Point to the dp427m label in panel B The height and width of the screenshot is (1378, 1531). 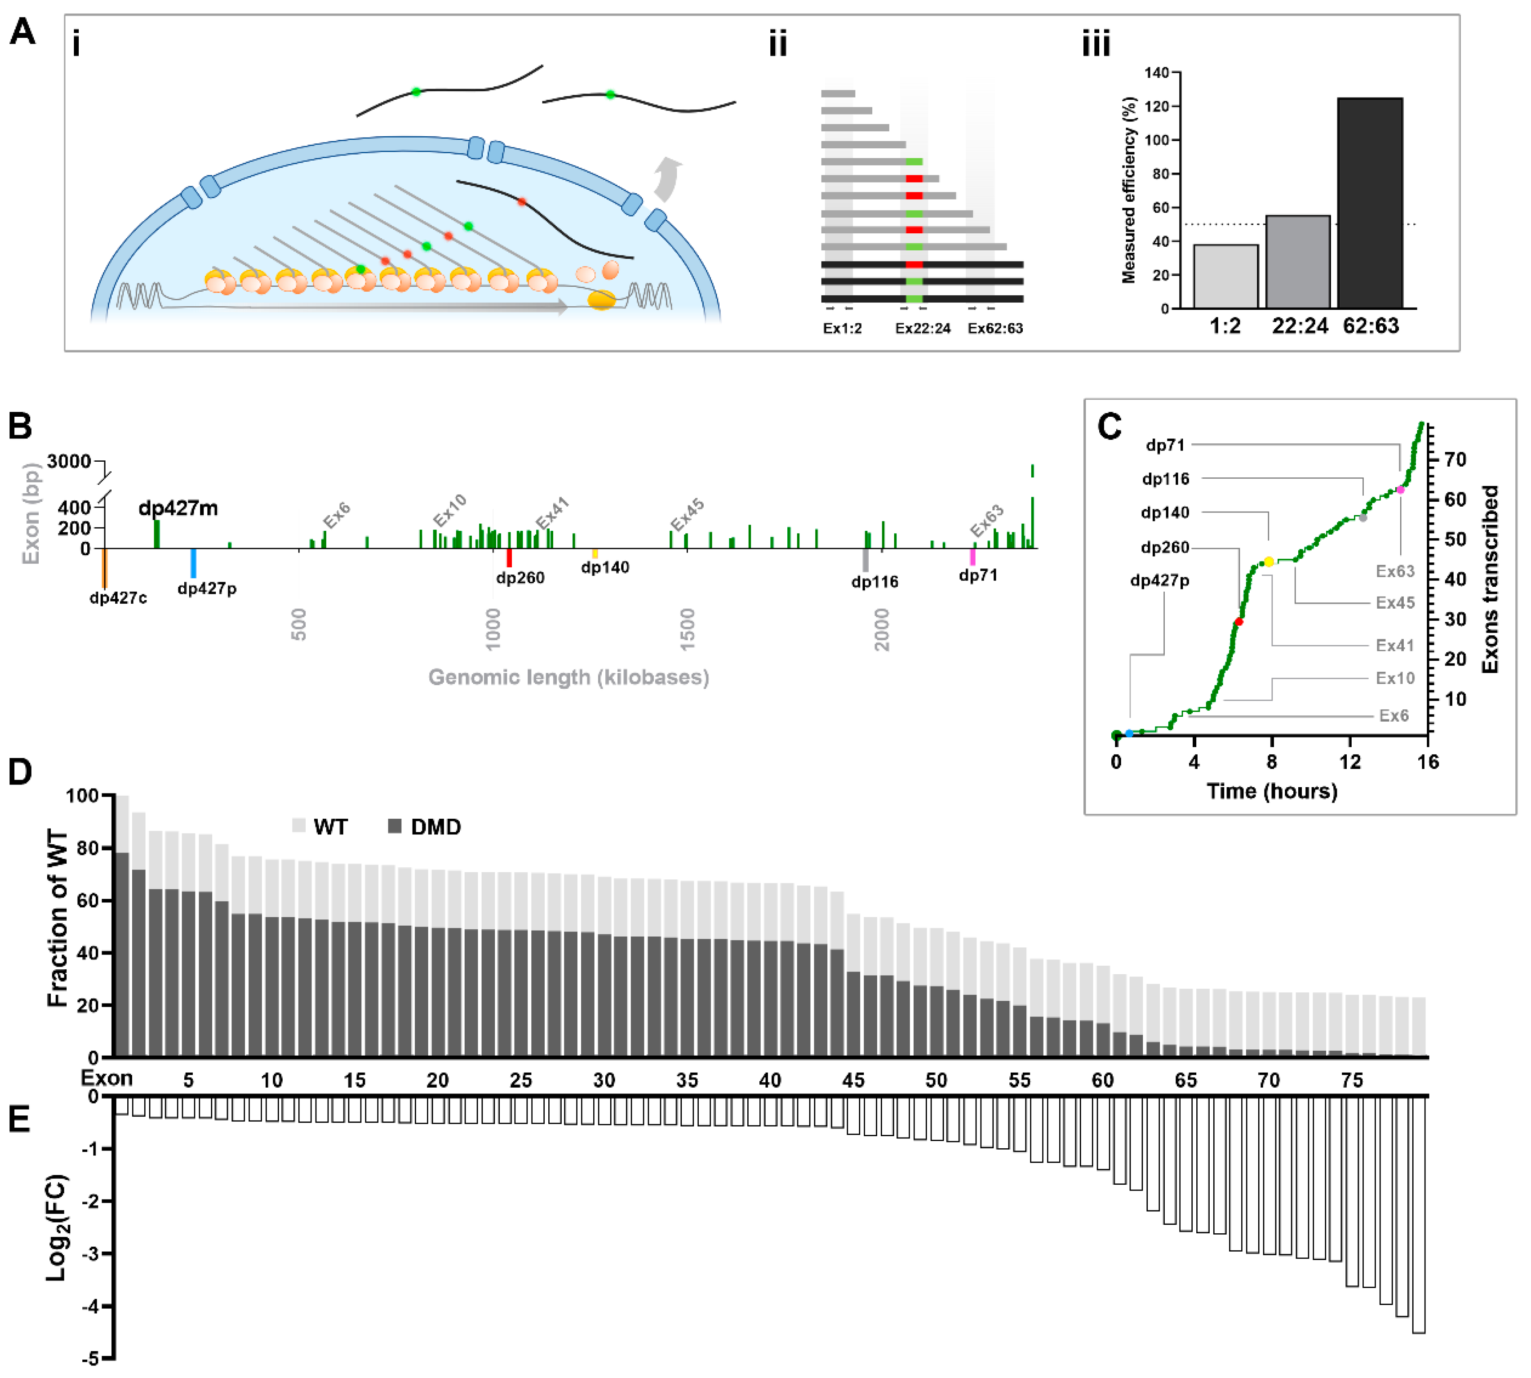pyautogui.click(x=178, y=508)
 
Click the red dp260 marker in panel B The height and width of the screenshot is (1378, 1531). pyautogui.click(x=509, y=558)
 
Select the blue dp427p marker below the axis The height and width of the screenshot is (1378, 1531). pyautogui.click(x=193, y=563)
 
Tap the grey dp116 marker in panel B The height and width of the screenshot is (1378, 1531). pyautogui.click(x=865, y=560)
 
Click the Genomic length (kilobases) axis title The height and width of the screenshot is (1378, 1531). pyautogui.click(x=568, y=677)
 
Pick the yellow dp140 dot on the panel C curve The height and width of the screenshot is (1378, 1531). pyautogui.click(x=1268, y=562)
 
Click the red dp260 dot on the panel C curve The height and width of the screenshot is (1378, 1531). pyautogui.click(x=1238, y=622)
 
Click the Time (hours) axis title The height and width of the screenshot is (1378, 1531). pyautogui.click(x=1272, y=791)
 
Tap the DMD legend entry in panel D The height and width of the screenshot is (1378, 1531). pyautogui.click(x=424, y=827)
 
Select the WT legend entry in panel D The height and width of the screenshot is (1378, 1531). pyautogui.click(x=320, y=827)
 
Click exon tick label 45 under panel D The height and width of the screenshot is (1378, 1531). pyautogui.click(x=853, y=1081)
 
